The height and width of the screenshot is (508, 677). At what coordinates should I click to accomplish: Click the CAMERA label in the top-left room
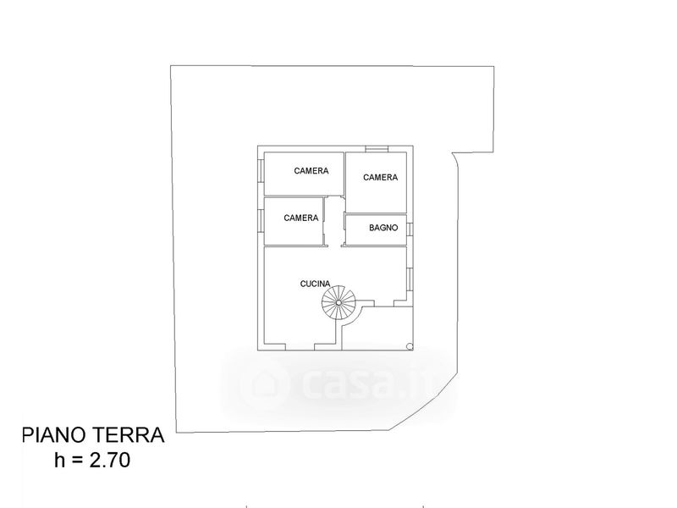[311, 171]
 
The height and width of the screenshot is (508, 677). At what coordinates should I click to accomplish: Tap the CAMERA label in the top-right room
[380, 177]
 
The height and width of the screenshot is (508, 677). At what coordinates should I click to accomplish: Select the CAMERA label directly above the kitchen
[301, 218]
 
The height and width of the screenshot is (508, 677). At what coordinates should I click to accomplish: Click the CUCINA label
[316, 284]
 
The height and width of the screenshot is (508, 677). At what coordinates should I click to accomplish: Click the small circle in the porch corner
[409, 345]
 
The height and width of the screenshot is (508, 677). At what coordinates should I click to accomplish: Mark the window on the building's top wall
[377, 150]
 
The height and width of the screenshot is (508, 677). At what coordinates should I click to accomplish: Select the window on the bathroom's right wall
[408, 229]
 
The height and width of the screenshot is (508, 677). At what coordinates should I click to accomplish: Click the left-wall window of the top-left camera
[261, 172]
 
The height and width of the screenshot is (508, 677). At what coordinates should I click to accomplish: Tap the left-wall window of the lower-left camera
[261, 220]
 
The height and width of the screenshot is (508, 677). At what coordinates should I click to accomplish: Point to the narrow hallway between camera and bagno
[334, 222]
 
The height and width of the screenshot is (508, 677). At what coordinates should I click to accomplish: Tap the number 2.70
[107, 461]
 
